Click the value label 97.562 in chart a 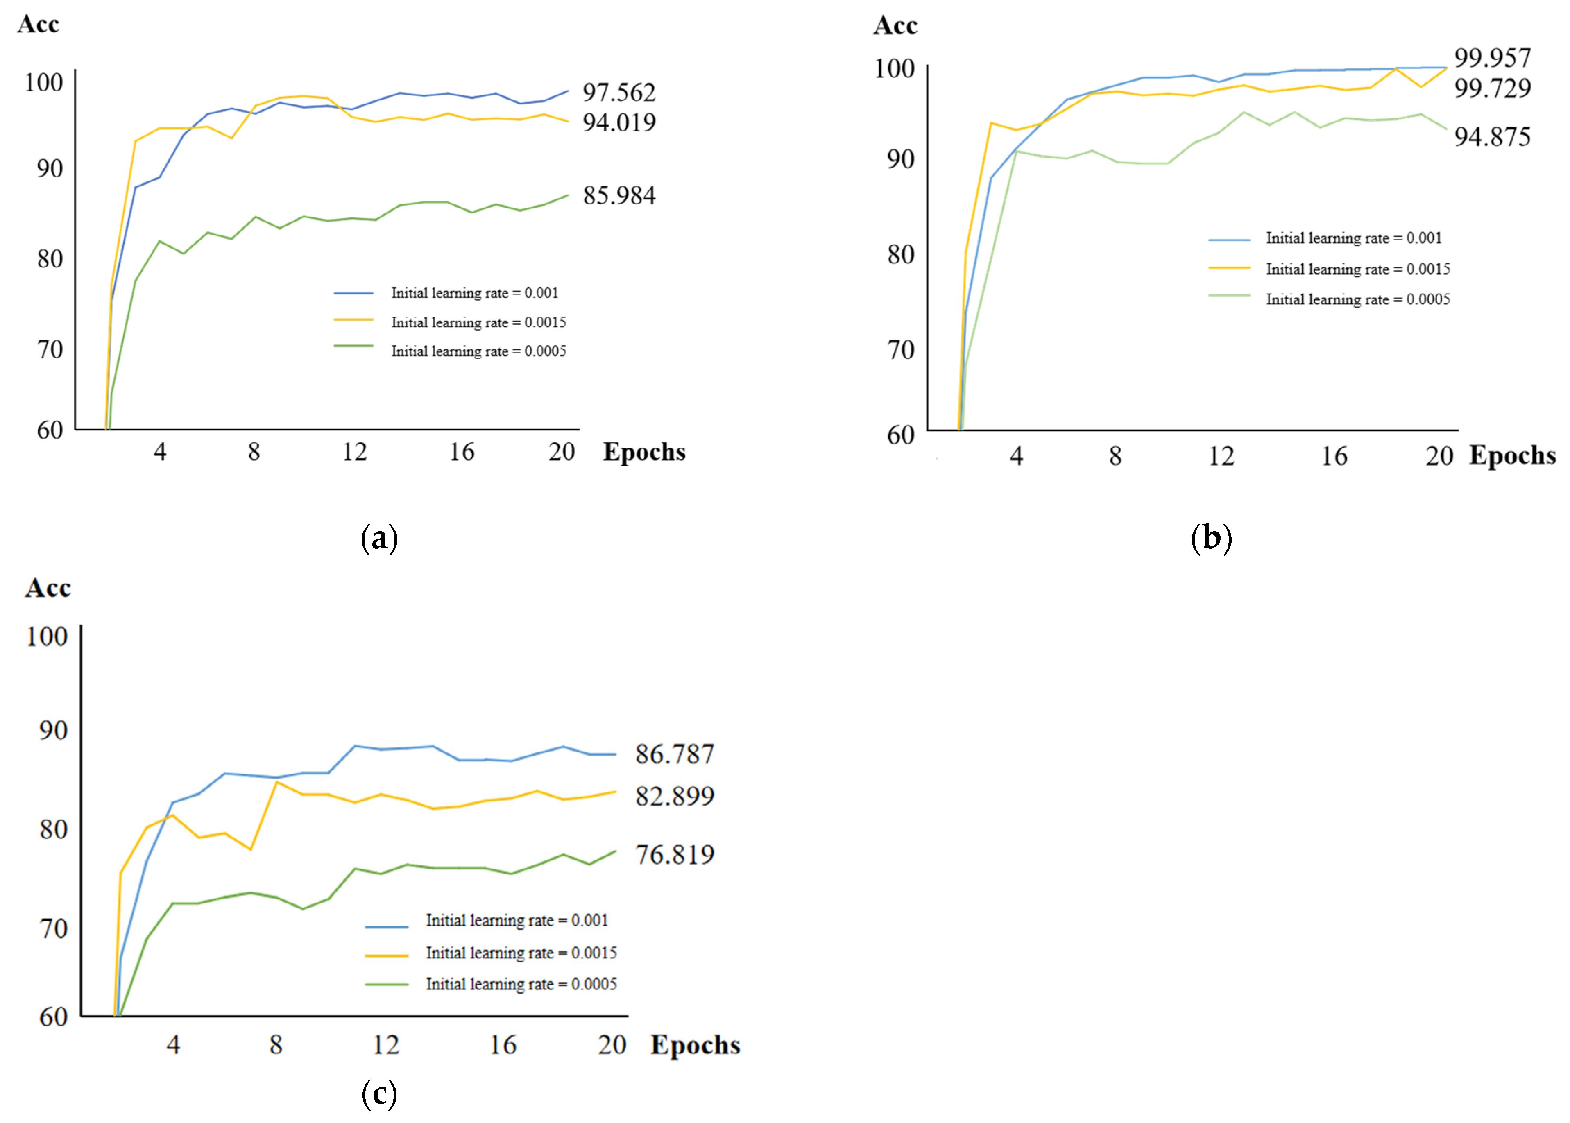[618, 92]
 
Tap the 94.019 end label [618, 122]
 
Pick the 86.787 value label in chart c [674, 754]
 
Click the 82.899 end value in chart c [674, 796]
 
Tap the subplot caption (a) [379, 538]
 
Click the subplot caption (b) [1211, 538]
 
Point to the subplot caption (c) [379, 1093]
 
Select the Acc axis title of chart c [48, 588]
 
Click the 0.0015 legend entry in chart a [478, 322]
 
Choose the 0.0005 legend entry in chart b [1357, 299]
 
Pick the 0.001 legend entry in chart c [516, 920]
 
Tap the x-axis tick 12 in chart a [354, 452]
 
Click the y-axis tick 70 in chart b [900, 350]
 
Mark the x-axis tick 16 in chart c [503, 1044]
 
